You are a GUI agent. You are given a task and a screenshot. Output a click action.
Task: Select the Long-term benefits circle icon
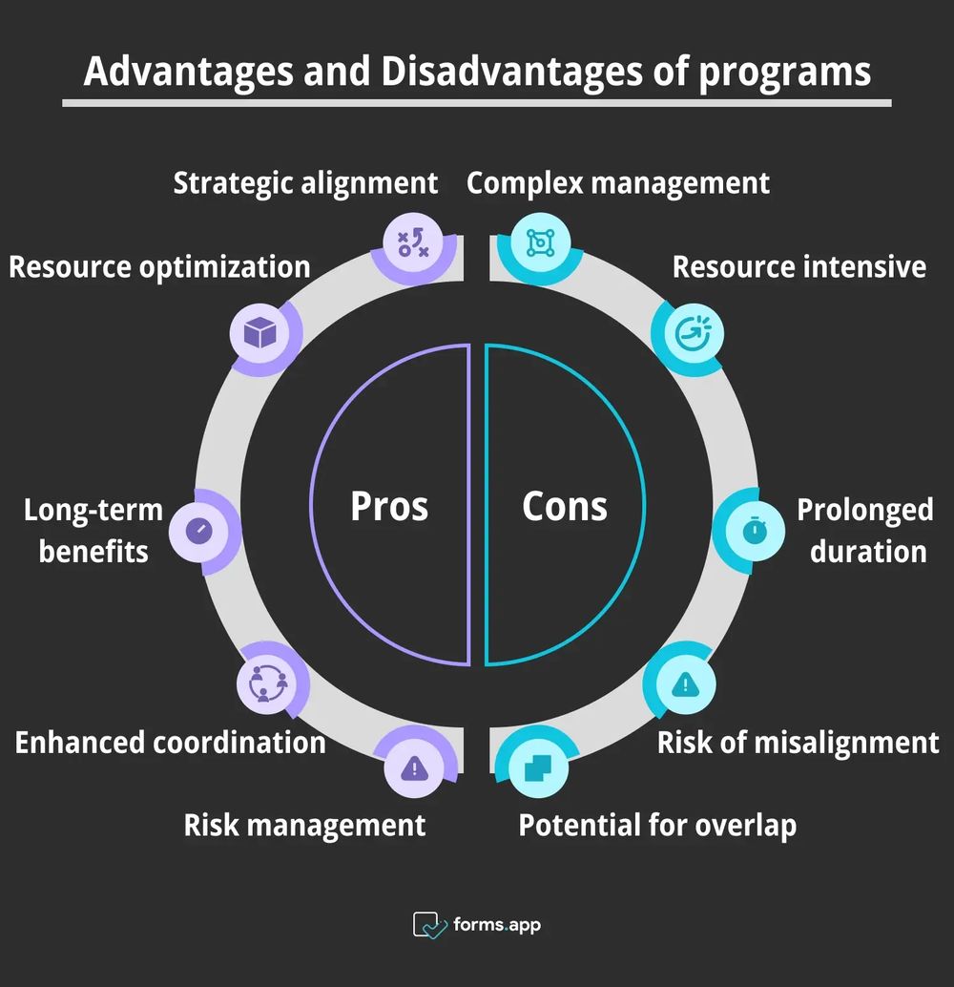[198, 532]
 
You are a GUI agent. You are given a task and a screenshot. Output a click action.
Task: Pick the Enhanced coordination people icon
[267, 682]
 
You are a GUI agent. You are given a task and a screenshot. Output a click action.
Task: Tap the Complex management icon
[540, 243]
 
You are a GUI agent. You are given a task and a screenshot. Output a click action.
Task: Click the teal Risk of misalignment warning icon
[685, 682]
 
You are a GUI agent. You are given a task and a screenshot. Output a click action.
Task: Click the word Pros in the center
[389, 506]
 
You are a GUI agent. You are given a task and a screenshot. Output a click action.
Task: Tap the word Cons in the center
[564, 506]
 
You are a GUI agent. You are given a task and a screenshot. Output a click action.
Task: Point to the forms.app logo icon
[429, 924]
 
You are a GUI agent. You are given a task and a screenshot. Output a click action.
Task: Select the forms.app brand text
[496, 924]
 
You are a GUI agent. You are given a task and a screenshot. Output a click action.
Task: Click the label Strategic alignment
[305, 182]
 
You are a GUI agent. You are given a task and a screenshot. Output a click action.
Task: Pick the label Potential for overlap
[657, 825]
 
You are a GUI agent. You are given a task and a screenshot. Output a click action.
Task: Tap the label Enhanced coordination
[170, 742]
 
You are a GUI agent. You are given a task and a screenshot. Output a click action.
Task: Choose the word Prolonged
[864, 510]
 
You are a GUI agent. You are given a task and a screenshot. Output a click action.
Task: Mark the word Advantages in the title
[190, 73]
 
